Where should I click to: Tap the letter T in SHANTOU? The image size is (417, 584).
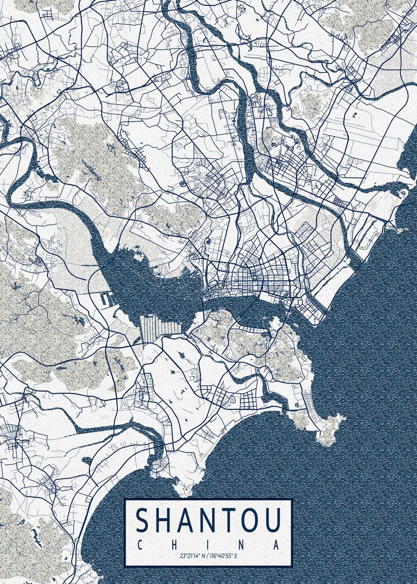click(x=226, y=521)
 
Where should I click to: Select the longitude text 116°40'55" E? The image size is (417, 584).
click(x=224, y=555)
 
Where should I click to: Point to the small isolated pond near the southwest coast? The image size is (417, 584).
click(x=87, y=460)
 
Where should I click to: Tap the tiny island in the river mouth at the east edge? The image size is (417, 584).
click(x=402, y=193)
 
